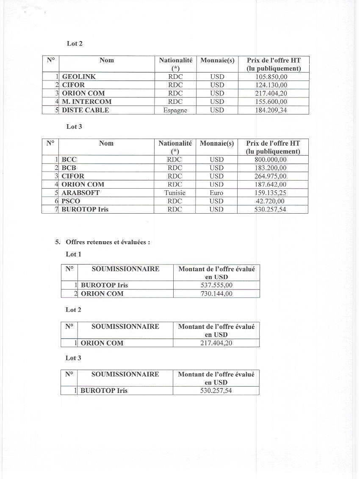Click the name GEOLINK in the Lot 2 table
click(x=79, y=77)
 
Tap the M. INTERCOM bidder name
click(x=86, y=102)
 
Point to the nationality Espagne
click(x=175, y=110)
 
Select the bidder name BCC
click(x=69, y=160)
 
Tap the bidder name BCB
click(x=69, y=168)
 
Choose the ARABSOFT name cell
click(x=80, y=193)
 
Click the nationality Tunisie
click(x=174, y=193)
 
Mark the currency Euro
click(x=216, y=193)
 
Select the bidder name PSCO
click(x=71, y=201)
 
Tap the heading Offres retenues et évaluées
click(x=108, y=242)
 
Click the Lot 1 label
click(x=73, y=254)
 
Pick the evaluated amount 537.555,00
click(x=216, y=285)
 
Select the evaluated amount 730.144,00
click(x=216, y=294)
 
